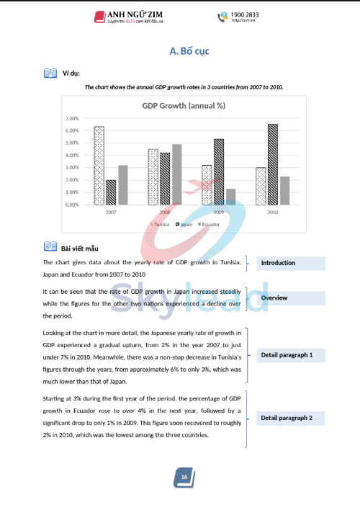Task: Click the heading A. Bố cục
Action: click(189, 51)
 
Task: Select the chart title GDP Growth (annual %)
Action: click(184, 105)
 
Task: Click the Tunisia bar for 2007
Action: click(99, 166)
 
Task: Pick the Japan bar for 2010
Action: click(272, 164)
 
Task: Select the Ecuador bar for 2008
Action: click(176, 174)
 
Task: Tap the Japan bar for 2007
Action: click(110, 192)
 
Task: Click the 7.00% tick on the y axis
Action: click(71, 118)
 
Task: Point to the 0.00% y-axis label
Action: click(71, 205)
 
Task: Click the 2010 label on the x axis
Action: click(272, 213)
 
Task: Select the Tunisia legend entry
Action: click(161, 225)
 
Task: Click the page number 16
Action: click(184, 477)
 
